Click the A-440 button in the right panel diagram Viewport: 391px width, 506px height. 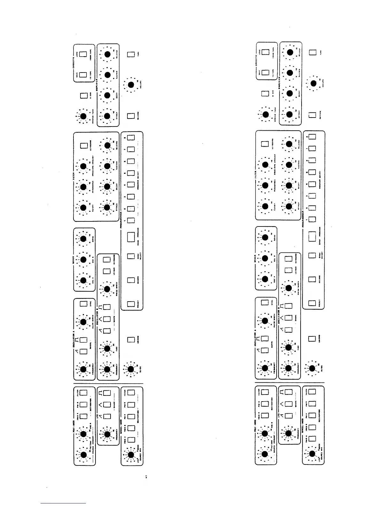(265, 94)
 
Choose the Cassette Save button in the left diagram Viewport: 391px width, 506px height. (83, 75)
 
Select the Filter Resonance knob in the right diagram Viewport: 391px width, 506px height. (265, 185)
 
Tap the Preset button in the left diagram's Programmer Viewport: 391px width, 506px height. (130, 304)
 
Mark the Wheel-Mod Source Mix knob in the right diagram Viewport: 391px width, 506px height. (312, 453)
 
